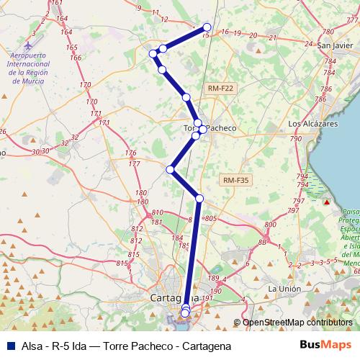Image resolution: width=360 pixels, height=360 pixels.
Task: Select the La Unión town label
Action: (x=282, y=289)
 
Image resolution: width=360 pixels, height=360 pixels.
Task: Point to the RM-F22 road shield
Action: (x=220, y=89)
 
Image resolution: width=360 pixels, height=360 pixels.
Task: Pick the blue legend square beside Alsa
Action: (x=11, y=346)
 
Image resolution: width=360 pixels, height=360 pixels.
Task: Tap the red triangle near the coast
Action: (x=326, y=202)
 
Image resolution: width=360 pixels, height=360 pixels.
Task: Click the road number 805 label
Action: (x=211, y=218)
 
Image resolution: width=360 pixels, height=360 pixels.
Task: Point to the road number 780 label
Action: (x=329, y=32)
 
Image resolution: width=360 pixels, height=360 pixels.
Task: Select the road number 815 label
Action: (x=132, y=255)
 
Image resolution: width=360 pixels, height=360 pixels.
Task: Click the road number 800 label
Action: (x=269, y=225)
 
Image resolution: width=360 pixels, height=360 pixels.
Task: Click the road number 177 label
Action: (x=135, y=165)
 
